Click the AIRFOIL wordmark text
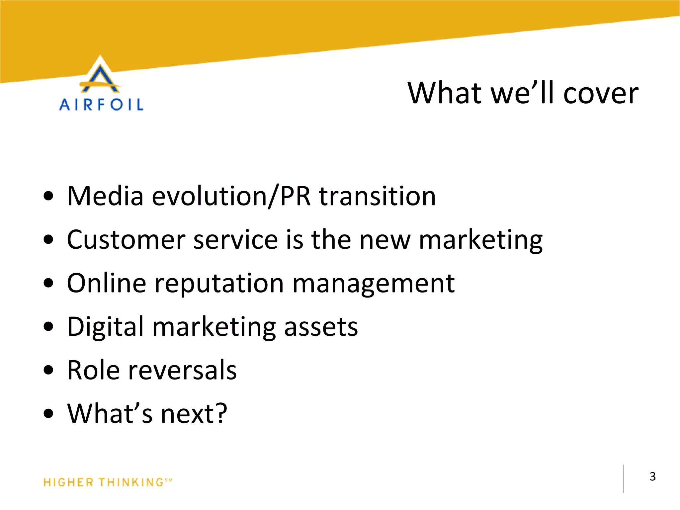[x=101, y=105]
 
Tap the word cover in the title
[x=601, y=94]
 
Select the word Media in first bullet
[x=105, y=196]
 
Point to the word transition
[x=377, y=196]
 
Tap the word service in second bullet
[x=235, y=240]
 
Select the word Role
[x=93, y=370]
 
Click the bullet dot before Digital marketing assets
[x=48, y=327]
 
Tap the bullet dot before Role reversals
[x=48, y=370]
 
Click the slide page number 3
[x=652, y=476]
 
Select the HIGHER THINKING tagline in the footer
[x=107, y=482]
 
